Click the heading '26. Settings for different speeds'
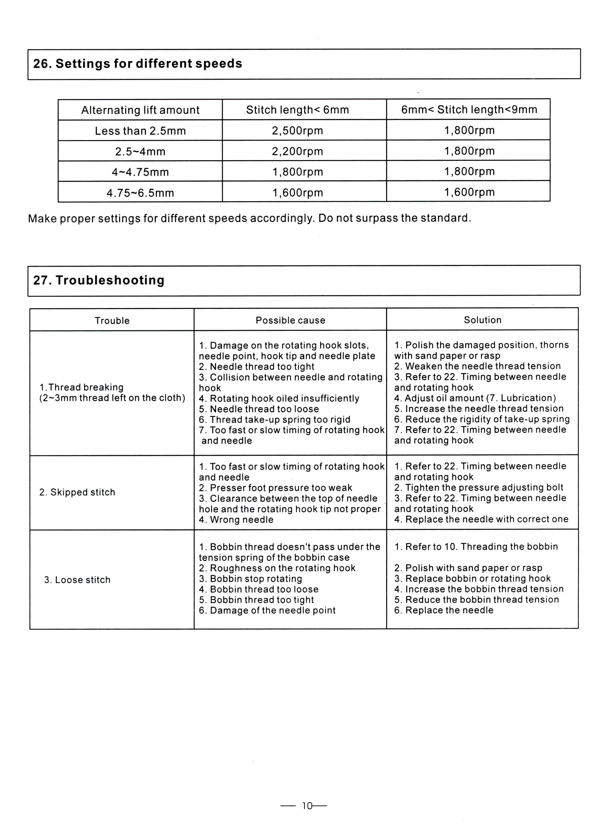click(137, 64)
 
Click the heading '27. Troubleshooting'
click(99, 280)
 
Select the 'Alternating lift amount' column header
click(140, 110)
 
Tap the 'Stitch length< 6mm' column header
click(297, 110)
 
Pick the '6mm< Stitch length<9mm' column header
click(469, 109)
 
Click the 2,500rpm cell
click(297, 131)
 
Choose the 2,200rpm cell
click(297, 151)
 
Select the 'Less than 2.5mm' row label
click(140, 131)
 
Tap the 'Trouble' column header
click(112, 321)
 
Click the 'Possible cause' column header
click(290, 320)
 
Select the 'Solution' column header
click(483, 320)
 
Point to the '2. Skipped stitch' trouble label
click(77, 492)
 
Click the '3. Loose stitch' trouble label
click(77, 580)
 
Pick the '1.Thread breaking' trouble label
click(81, 387)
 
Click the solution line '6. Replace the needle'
click(444, 610)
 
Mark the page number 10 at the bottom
click(307, 806)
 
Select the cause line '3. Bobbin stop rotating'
click(250, 579)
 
